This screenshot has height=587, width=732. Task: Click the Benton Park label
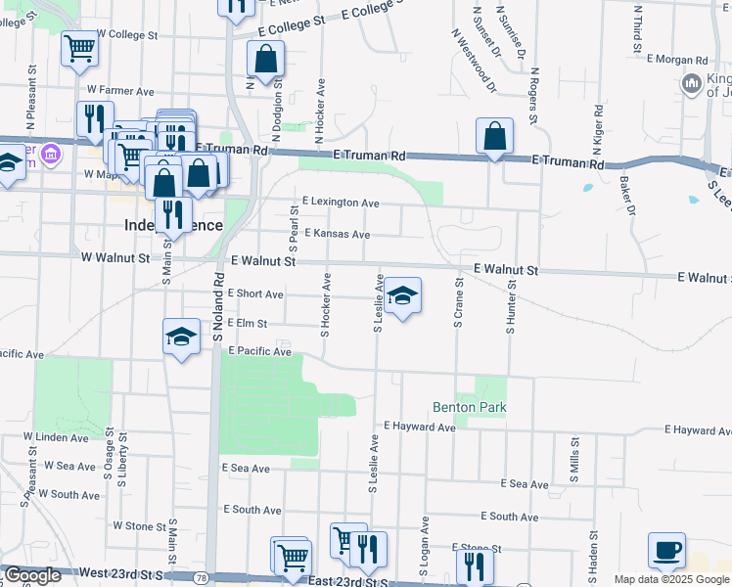(468, 407)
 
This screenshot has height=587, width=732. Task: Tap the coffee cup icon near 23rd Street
(666, 550)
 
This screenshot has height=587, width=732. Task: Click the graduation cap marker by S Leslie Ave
(402, 294)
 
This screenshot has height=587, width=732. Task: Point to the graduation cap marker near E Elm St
(181, 338)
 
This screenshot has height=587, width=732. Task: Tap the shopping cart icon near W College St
(79, 48)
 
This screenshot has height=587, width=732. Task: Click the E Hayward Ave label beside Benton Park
(420, 427)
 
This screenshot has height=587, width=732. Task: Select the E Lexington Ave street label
(341, 203)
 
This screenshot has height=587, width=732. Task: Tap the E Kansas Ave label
(337, 235)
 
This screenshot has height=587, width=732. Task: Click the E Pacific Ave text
(259, 350)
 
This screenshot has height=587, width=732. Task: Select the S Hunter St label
(510, 304)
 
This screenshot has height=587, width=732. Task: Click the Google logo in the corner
(32, 575)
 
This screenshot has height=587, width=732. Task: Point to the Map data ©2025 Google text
(671, 579)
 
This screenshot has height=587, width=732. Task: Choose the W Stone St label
(139, 525)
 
